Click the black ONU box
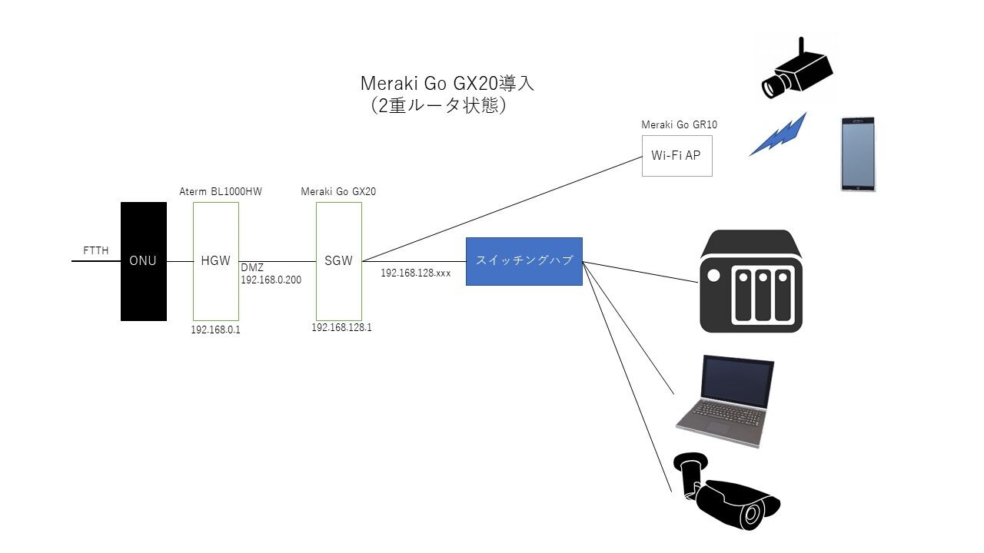click(x=143, y=261)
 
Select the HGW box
click(x=215, y=261)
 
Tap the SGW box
click(x=338, y=261)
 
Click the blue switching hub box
click(x=524, y=261)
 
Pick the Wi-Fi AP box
click(x=676, y=155)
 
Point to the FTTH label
click(x=96, y=250)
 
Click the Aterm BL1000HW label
click(x=221, y=192)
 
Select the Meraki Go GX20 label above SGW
click(x=338, y=192)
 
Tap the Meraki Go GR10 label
click(x=680, y=124)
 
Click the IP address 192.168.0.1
click(x=216, y=329)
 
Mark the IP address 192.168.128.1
click(x=341, y=327)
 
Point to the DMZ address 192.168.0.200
click(x=271, y=280)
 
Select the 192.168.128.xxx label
click(x=415, y=273)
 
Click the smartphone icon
click(x=858, y=154)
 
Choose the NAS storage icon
click(x=751, y=281)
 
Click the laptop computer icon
click(x=724, y=401)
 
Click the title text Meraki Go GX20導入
click(x=447, y=83)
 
